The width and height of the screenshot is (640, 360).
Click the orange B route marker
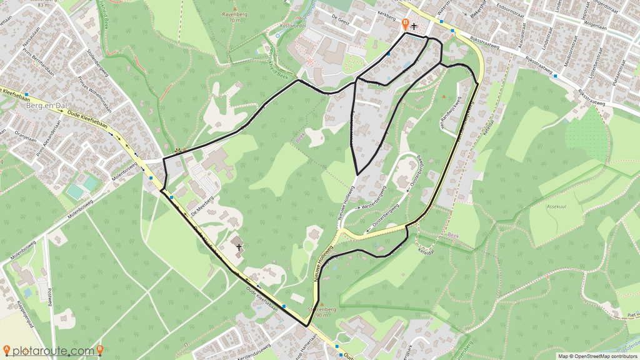point(405,24)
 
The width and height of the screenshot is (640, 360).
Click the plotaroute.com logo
point(52,351)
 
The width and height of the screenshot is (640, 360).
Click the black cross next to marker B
point(414,26)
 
